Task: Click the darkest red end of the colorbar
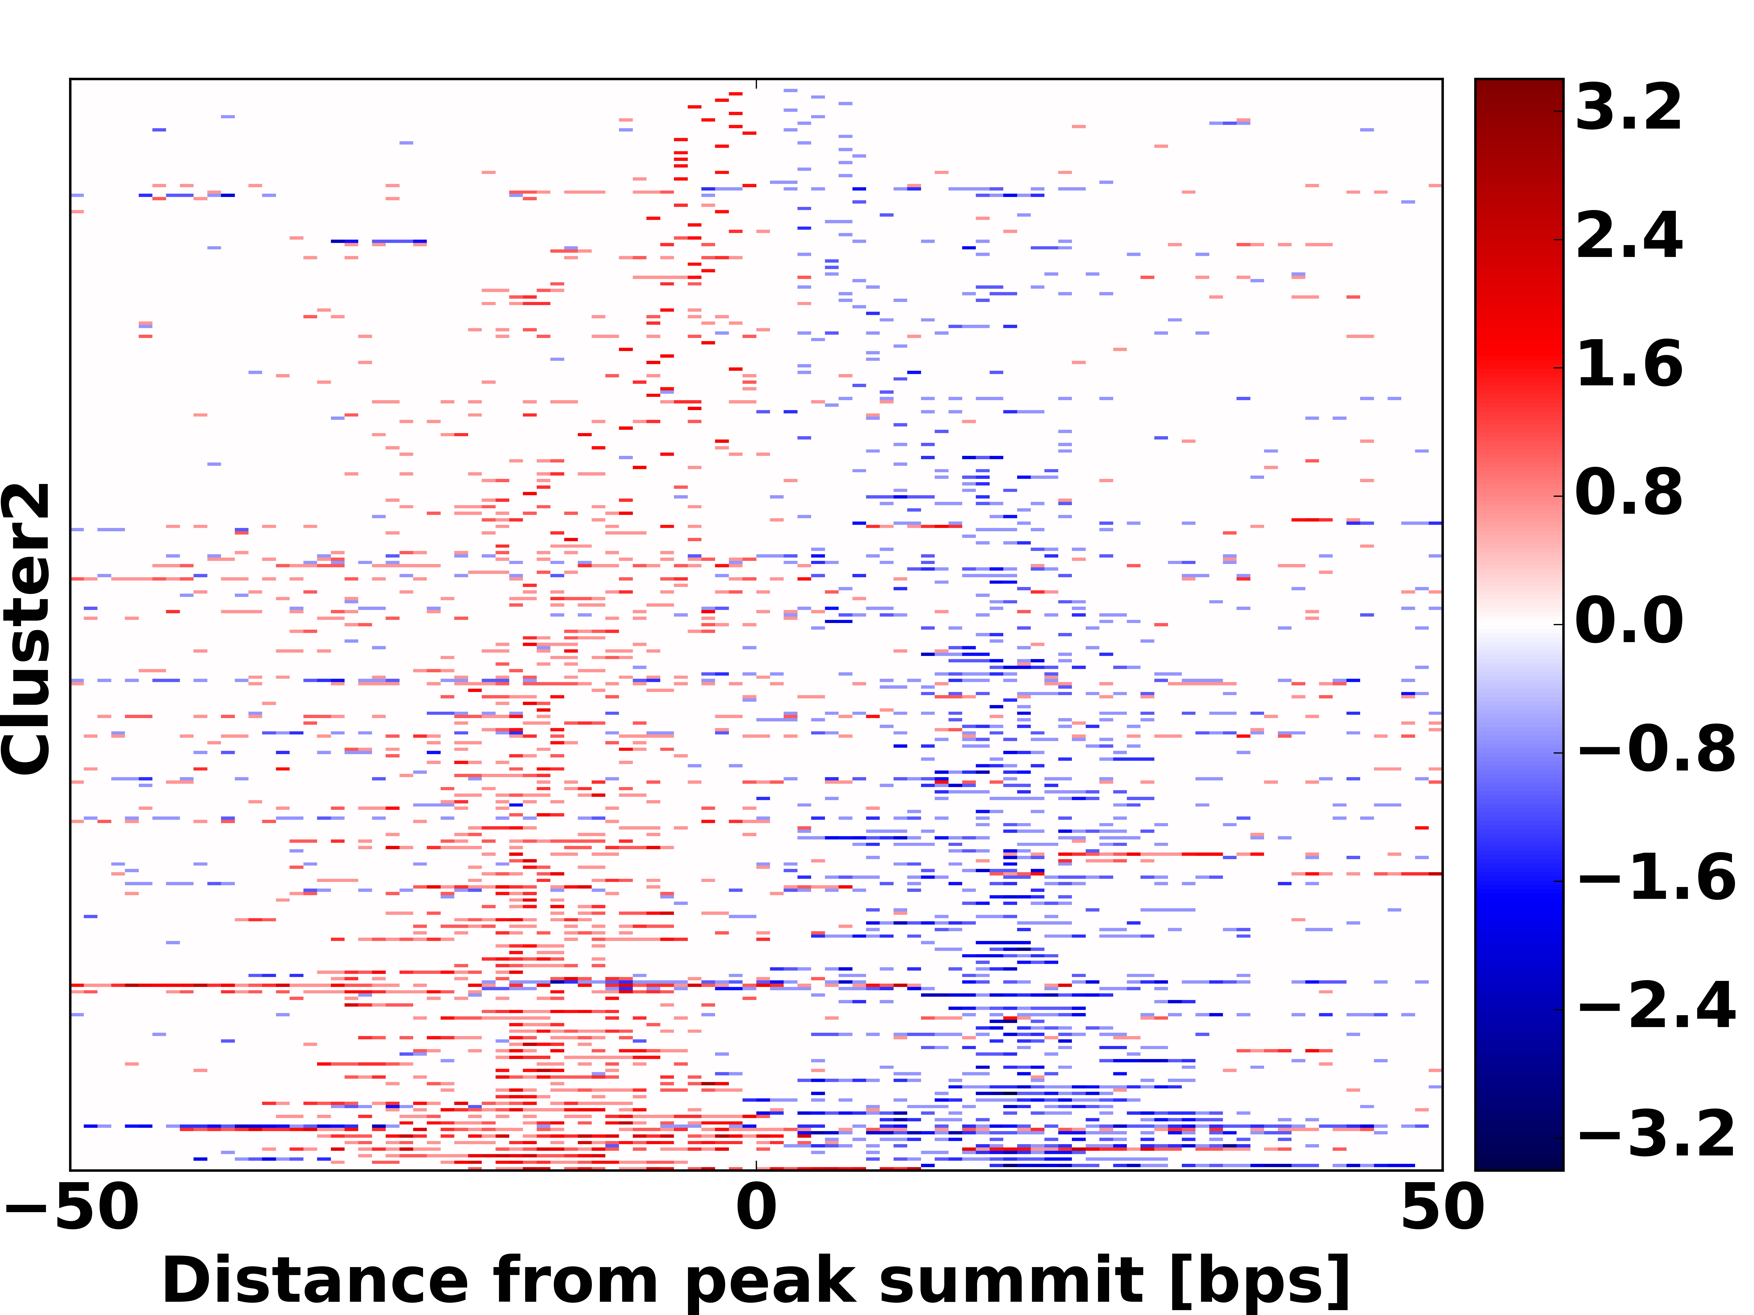(x=1519, y=86)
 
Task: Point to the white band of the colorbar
(x=1519, y=624)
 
